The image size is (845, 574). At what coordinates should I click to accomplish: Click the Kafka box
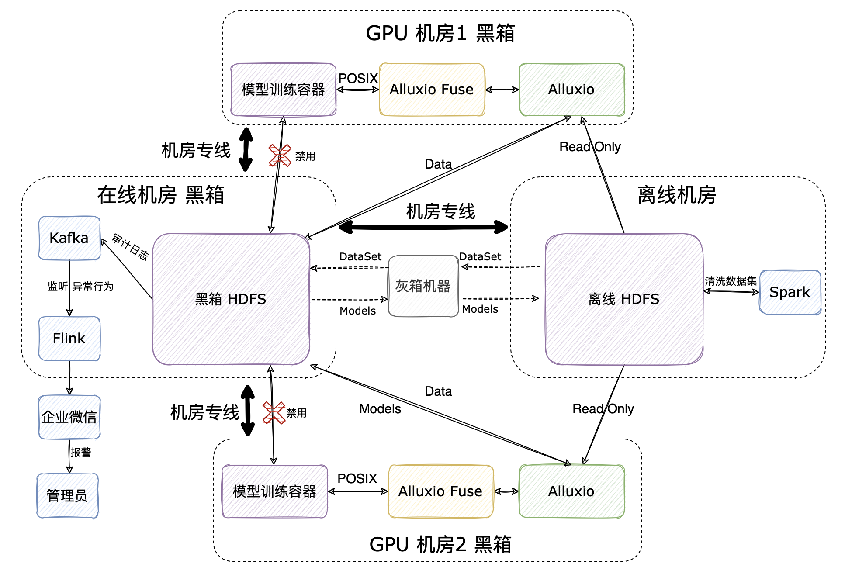click(x=69, y=238)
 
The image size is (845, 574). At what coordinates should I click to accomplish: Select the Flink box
click(x=69, y=339)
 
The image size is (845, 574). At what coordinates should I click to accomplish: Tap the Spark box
click(x=790, y=292)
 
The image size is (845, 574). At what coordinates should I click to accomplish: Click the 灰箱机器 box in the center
click(x=423, y=286)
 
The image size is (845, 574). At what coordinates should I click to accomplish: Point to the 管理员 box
click(x=67, y=496)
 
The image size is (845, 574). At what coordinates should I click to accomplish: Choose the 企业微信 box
click(x=69, y=417)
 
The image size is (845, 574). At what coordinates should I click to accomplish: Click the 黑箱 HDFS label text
click(x=230, y=299)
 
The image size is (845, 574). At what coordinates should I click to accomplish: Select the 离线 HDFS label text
click(x=623, y=299)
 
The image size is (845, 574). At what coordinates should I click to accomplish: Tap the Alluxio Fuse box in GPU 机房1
click(x=432, y=90)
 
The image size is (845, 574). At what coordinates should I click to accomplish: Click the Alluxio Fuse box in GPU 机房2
click(x=440, y=491)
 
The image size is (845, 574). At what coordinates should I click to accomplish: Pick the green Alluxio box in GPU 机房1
click(x=571, y=90)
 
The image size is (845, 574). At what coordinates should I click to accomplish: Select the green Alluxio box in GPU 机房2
click(x=571, y=491)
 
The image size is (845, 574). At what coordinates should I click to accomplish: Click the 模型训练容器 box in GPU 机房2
click(x=274, y=491)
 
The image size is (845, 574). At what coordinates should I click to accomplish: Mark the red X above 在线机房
click(x=280, y=156)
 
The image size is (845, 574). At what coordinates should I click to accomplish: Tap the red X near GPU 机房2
click(x=274, y=413)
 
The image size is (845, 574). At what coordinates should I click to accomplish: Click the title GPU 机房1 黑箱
click(x=440, y=34)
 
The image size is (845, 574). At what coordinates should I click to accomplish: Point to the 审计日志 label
click(x=130, y=247)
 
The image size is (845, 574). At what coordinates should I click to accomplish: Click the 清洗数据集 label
click(x=731, y=281)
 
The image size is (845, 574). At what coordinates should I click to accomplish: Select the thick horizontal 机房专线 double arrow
click(x=423, y=227)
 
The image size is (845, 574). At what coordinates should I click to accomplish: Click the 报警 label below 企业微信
click(x=81, y=452)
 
